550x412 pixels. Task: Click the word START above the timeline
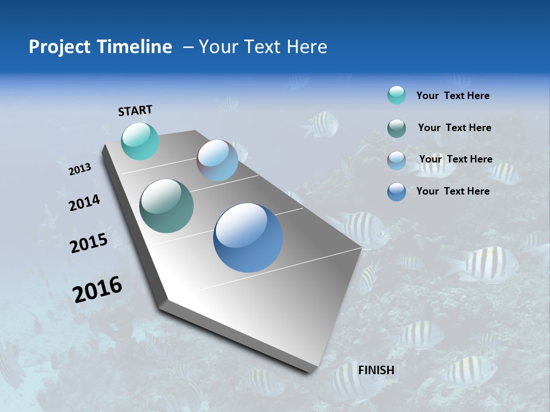tap(135, 110)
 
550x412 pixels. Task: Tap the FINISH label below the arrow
tap(376, 370)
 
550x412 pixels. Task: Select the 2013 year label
tap(80, 169)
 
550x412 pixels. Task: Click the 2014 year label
tap(84, 203)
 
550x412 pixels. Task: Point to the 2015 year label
tap(89, 243)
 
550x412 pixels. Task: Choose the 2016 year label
tap(97, 290)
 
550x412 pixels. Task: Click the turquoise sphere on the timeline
tap(140, 141)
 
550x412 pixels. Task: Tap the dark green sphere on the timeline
tap(167, 206)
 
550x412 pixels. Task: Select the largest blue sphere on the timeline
tap(248, 237)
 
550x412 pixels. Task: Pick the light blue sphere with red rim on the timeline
tap(218, 160)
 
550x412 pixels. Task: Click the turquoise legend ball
tap(396, 96)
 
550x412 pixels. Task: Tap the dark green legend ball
tap(396, 128)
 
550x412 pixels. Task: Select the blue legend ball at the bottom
tap(396, 192)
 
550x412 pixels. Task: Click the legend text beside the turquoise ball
tap(453, 96)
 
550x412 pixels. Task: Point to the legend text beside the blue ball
tap(453, 191)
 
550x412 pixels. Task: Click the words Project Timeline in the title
tap(100, 47)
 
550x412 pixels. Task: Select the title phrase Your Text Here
tap(263, 47)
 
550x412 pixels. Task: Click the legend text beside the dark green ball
tap(454, 128)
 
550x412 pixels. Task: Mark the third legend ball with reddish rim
tap(396, 160)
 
